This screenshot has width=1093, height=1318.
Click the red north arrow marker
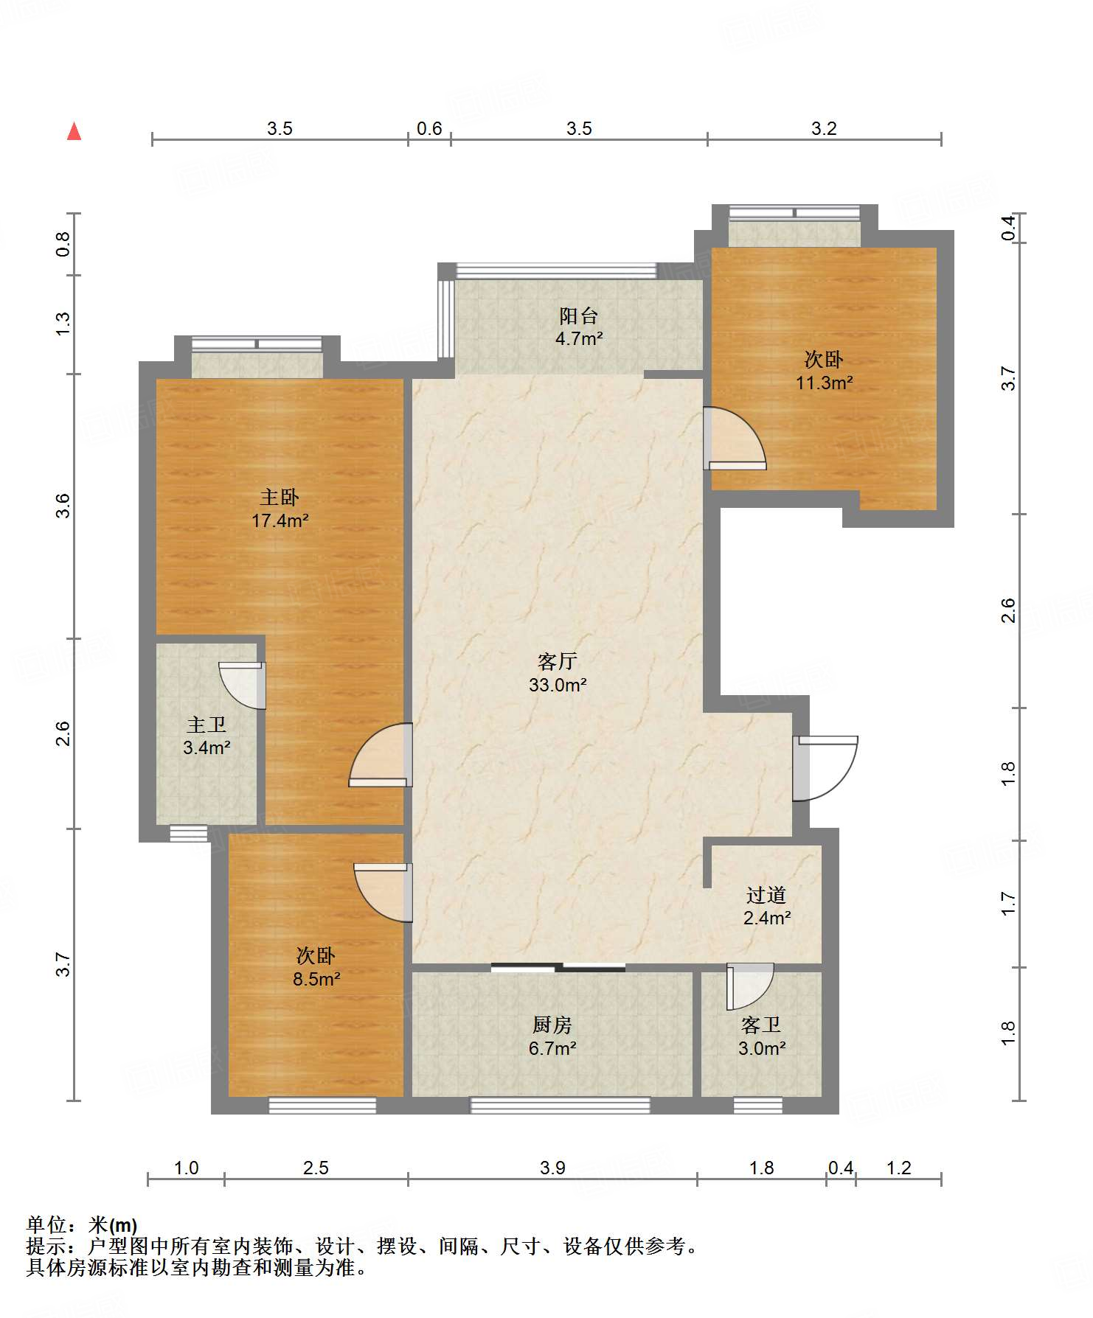click(x=74, y=131)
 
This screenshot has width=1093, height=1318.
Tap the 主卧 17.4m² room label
click(x=280, y=509)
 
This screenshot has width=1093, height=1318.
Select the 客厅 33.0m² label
click(x=558, y=672)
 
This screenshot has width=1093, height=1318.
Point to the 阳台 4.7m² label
click(x=579, y=327)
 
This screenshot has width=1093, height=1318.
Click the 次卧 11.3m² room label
click(x=824, y=371)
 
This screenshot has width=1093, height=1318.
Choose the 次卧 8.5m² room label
click(x=316, y=967)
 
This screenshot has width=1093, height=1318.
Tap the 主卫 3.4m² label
click(x=207, y=736)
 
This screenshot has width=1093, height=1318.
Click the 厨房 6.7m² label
click(x=552, y=1036)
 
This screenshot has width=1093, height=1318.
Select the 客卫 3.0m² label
click(x=762, y=1036)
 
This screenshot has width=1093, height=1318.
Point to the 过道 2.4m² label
click(x=767, y=906)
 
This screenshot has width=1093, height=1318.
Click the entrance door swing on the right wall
click(x=825, y=769)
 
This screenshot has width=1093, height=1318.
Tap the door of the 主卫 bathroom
click(x=243, y=686)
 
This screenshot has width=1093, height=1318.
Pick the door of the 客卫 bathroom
click(x=749, y=986)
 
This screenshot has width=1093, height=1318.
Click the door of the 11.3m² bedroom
click(x=735, y=439)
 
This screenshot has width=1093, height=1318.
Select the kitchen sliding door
click(x=558, y=967)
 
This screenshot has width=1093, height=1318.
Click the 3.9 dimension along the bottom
click(x=552, y=1168)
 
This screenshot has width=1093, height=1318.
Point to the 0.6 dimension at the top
click(x=429, y=128)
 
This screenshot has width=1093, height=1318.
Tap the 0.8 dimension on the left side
click(x=63, y=244)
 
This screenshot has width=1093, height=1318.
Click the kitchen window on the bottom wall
click(x=561, y=1105)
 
